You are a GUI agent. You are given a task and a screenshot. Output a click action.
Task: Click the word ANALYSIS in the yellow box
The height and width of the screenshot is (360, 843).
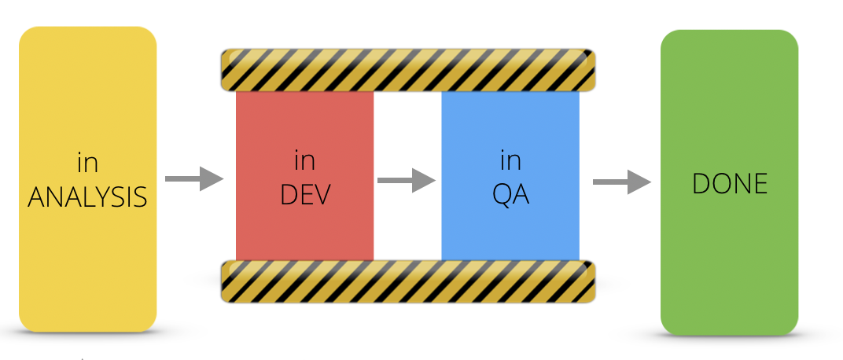[87, 196]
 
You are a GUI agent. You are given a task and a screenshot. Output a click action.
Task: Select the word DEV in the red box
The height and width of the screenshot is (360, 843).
[304, 193]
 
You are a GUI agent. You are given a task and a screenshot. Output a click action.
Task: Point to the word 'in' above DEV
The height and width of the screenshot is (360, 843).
[304, 161]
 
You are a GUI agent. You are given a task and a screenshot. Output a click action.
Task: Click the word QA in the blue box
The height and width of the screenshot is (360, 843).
[510, 193]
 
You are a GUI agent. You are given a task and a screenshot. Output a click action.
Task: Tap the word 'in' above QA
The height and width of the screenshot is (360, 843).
[510, 161]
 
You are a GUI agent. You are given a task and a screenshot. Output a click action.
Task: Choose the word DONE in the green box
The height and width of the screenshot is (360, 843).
[729, 183]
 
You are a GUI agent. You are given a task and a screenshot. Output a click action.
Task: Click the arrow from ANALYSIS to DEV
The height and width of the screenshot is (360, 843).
[194, 179]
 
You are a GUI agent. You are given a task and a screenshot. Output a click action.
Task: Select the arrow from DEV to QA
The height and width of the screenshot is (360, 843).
[406, 181]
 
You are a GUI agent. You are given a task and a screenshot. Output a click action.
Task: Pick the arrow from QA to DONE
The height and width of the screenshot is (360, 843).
[621, 182]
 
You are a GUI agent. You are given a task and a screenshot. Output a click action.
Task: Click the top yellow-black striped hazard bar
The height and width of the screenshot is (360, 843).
[407, 69]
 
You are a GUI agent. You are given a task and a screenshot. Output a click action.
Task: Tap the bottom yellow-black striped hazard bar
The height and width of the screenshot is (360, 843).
[407, 281]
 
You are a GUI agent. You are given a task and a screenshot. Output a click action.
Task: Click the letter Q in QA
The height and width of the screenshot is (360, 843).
[502, 194]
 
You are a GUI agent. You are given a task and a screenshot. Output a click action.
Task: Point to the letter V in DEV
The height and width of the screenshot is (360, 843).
[320, 193]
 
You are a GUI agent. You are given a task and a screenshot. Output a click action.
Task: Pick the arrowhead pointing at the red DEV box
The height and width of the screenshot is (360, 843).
[212, 179]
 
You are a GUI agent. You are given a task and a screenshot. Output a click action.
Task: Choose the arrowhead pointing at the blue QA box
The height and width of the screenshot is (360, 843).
[425, 181]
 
